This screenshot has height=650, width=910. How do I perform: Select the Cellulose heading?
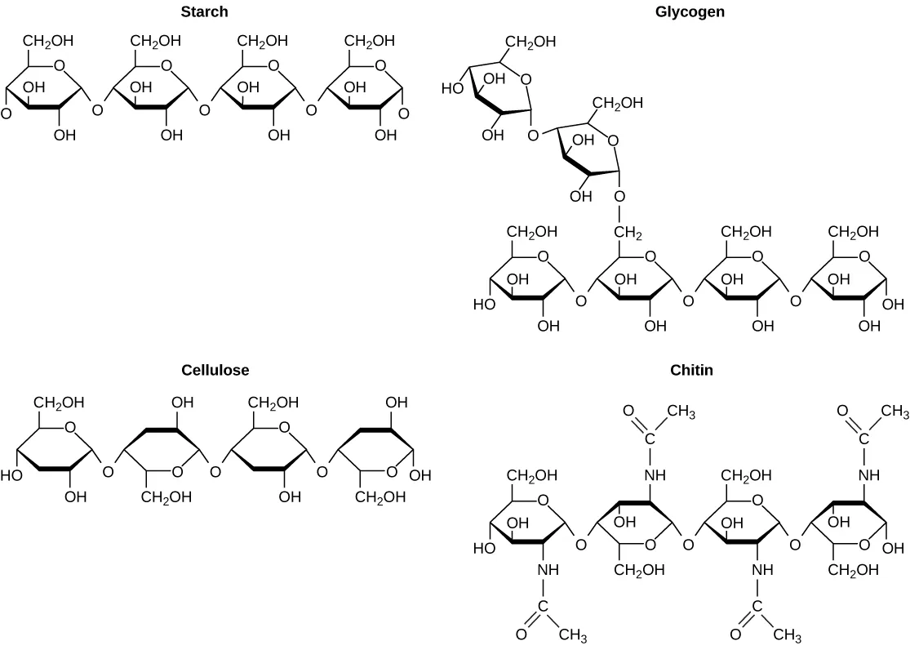pyautogui.click(x=215, y=370)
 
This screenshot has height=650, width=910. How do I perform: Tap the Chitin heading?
pyautogui.click(x=691, y=370)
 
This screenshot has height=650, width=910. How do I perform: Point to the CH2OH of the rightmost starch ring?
pyautogui.click(x=371, y=40)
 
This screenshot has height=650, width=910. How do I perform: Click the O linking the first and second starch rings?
pyautogui.click(x=98, y=109)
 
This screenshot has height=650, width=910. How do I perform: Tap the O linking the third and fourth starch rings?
pyautogui.click(x=311, y=109)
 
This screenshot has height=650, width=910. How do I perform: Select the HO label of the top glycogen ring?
pyautogui.click(x=452, y=87)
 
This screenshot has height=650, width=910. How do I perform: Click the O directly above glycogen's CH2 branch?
pyautogui.click(x=619, y=197)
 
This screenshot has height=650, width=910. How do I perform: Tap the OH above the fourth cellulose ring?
pyautogui.click(x=397, y=403)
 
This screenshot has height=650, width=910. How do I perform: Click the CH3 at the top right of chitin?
pyautogui.click(x=894, y=412)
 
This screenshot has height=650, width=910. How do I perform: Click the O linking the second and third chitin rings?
pyautogui.click(x=689, y=545)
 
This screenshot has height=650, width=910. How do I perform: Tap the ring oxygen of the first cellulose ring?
pyautogui.click(x=70, y=427)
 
